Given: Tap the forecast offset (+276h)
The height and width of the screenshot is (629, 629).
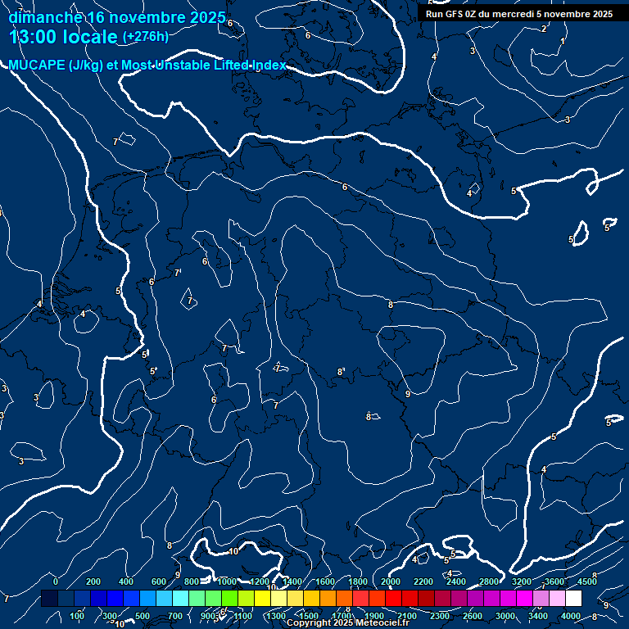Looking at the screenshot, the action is pyautogui.click(x=145, y=36).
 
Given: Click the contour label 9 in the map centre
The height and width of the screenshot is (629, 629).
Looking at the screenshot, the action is pyautogui.click(x=408, y=394).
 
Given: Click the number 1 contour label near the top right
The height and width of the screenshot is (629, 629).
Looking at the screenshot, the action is pyautogui.click(x=563, y=41).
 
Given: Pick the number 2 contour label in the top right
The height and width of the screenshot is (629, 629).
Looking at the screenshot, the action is pyautogui.click(x=544, y=29).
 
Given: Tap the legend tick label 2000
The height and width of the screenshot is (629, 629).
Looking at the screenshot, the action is pyautogui.click(x=391, y=581).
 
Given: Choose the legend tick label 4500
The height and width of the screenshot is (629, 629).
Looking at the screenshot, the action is pyautogui.click(x=586, y=581).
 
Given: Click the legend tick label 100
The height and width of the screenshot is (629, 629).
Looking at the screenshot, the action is pyautogui.click(x=78, y=616).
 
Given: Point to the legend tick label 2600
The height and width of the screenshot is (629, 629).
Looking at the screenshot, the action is pyautogui.click(x=473, y=616).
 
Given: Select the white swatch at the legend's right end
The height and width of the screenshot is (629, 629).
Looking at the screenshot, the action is pyautogui.click(x=573, y=599).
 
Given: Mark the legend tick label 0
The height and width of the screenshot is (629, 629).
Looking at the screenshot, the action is pyautogui.click(x=56, y=581).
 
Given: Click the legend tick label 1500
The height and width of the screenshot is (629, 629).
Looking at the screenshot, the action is pyautogui.click(x=308, y=616).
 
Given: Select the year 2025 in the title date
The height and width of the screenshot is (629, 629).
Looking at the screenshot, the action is pyautogui.click(x=207, y=17).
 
